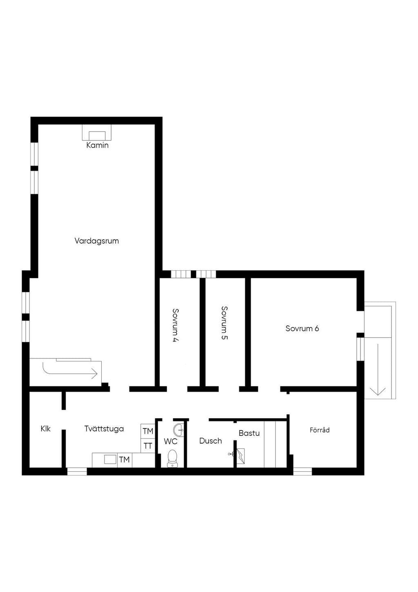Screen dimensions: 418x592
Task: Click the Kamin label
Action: click(98, 145)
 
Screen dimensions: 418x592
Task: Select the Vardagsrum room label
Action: click(97, 241)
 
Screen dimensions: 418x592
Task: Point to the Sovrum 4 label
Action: click(175, 325)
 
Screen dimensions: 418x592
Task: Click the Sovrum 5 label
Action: click(224, 323)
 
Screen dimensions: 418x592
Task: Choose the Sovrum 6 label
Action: click(302, 329)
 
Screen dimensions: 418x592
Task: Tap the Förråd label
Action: click(320, 430)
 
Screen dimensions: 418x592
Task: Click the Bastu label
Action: click(249, 433)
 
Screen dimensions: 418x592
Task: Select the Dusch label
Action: click(210, 441)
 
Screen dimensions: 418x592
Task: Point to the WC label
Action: click(171, 441)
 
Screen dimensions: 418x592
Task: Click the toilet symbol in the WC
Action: click(172, 459)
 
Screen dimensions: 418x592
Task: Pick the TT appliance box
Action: click(148, 446)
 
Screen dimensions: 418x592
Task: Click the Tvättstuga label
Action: click(104, 429)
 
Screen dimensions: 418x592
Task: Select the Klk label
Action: click(45, 429)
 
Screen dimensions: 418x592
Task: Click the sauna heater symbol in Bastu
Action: click(240, 456)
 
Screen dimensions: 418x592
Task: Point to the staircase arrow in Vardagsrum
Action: click(70, 373)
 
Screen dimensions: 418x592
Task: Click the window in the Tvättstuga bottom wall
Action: click(77, 471)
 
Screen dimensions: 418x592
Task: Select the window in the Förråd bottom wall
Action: click(302, 471)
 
